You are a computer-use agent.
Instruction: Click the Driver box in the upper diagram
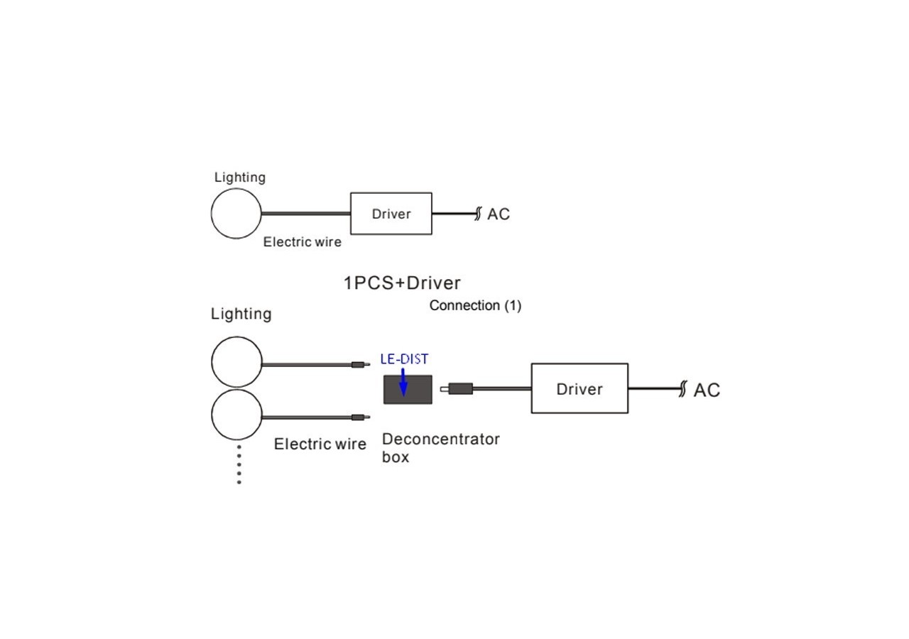point(391,213)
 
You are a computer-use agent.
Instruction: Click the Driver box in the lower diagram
point(579,388)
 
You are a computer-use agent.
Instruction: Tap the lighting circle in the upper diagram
point(236,213)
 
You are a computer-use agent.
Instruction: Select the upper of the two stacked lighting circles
point(237,362)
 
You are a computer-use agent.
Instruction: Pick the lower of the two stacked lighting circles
point(237,415)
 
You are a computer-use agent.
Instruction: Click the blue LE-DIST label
point(404,359)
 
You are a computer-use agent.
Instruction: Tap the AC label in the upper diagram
point(498,214)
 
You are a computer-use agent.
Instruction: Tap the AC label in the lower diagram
point(706,390)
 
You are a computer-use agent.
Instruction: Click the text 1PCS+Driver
point(402,283)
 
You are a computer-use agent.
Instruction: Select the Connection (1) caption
point(475,305)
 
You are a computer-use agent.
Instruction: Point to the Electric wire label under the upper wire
point(302,242)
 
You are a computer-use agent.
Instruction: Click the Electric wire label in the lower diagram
point(320,444)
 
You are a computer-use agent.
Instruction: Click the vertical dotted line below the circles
point(239,464)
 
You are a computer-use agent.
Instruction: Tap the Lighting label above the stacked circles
point(241,314)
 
